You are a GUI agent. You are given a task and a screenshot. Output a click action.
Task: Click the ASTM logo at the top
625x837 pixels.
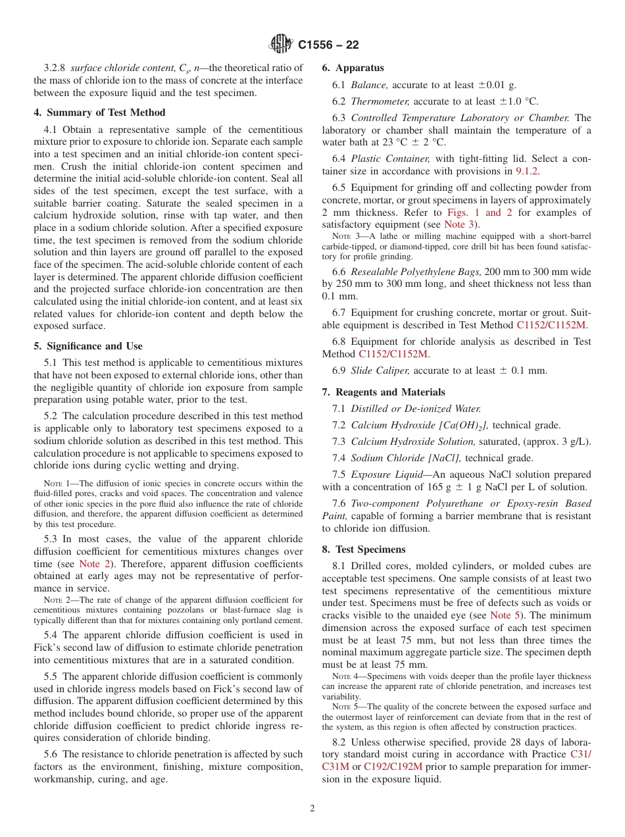pyautogui.click(x=281, y=45)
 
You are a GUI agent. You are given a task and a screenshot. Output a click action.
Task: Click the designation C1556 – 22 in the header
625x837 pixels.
pyautogui.click(x=328, y=45)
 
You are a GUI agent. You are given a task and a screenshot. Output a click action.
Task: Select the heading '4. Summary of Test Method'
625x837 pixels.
pyautogui.click(x=99, y=113)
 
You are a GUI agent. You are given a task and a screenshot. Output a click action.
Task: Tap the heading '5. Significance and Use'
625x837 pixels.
pyautogui.click(x=88, y=346)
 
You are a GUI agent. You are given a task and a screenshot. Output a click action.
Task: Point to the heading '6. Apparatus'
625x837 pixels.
pyautogui.click(x=353, y=68)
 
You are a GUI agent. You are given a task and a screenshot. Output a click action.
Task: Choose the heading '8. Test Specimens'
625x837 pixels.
pyautogui.click(x=364, y=549)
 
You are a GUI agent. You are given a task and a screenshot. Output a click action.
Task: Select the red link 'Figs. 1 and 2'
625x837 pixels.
pyautogui.click(x=484, y=213)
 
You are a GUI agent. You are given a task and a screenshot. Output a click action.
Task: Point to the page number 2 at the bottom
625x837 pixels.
pyautogui.click(x=312, y=809)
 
